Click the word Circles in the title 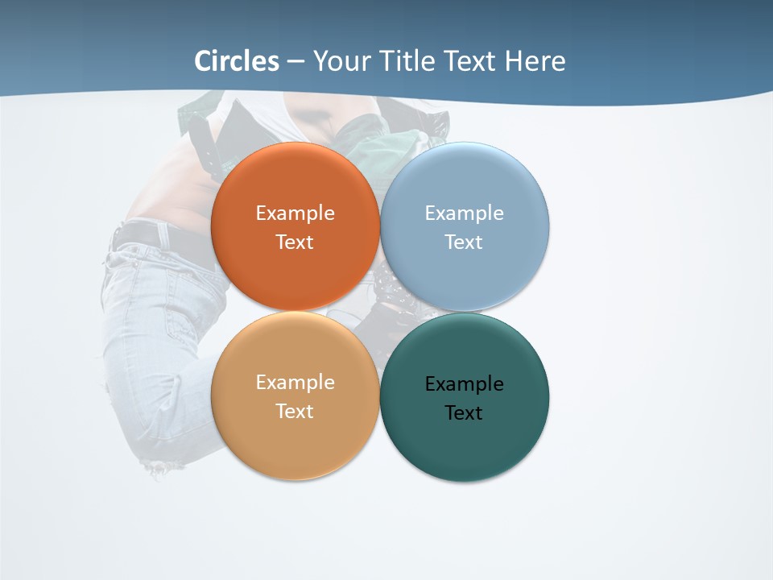pyautogui.click(x=237, y=61)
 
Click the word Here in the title pyautogui.click(x=535, y=61)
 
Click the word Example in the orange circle pyautogui.click(x=295, y=213)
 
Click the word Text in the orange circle pyautogui.click(x=295, y=242)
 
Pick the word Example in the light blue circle pyautogui.click(x=464, y=213)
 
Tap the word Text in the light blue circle pyautogui.click(x=464, y=242)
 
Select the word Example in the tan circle pyautogui.click(x=295, y=383)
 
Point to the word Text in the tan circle pyautogui.click(x=295, y=412)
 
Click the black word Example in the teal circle pyautogui.click(x=464, y=384)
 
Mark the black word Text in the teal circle pyautogui.click(x=464, y=413)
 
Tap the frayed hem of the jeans pyautogui.click(x=161, y=466)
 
